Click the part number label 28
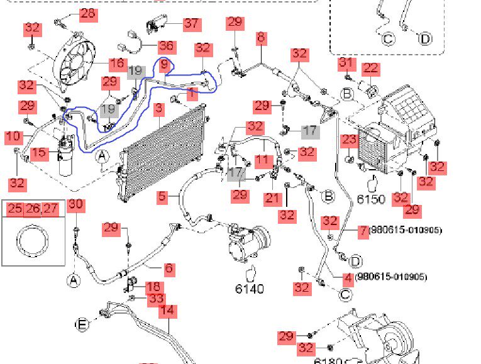(87, 14)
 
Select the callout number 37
(191, 24)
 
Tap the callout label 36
(166, 45)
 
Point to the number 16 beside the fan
(117, 63)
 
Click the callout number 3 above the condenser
(159, 109)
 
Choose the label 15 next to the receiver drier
(39, 153)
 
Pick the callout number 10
(13, 136)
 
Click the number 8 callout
(261, 38)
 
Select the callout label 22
(370, 68)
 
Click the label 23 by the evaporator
(350, 140)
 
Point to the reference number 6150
(371, 199)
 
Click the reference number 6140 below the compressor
(250, 289)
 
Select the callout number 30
(75, 204)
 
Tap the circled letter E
(82, 324)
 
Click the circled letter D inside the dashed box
(426, 39)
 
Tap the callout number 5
(162, 197)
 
